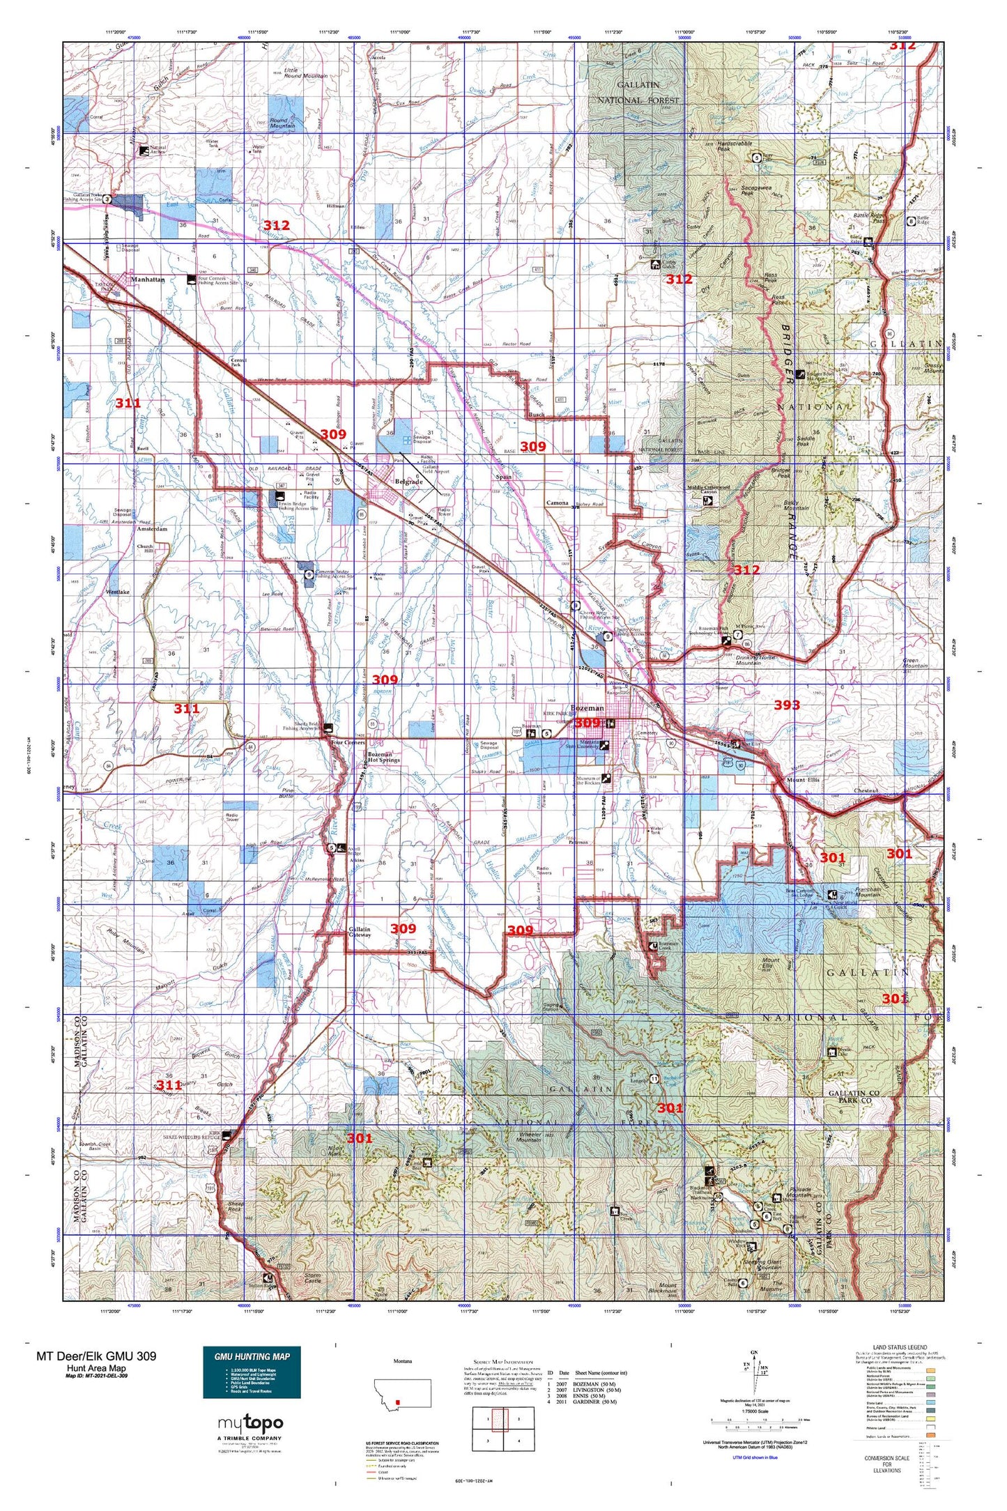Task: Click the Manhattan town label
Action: tap(148, 279)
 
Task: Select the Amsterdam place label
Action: tap(152, 529)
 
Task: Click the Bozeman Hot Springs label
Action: tap(384, 757)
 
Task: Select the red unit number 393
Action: tap(787, 705)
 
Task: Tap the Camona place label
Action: tap(557, 503)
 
